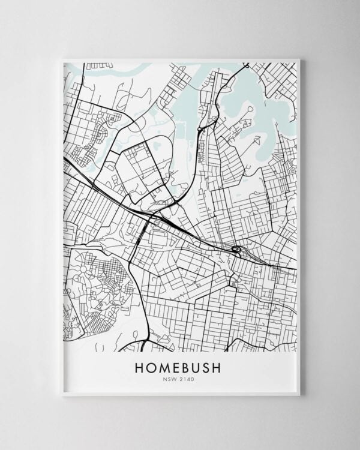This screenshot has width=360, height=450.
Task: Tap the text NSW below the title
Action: [171, 379]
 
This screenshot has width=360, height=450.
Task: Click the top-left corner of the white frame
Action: [63, 59]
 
